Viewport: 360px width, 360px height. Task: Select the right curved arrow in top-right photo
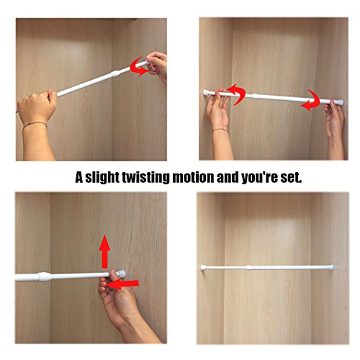310,101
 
